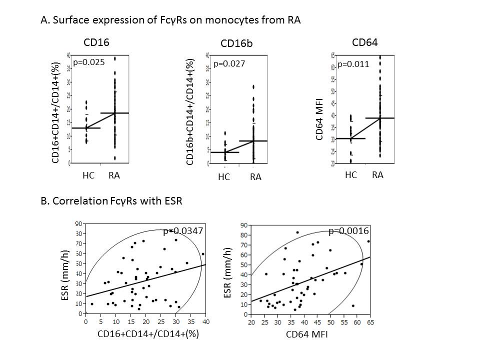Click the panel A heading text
pos(172,21)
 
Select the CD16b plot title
pos(236,44)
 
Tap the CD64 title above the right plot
pos(364,42)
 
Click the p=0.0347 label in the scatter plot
pos(182,231)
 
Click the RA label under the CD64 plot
pos(377,174)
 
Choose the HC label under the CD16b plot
pos(223,177)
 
